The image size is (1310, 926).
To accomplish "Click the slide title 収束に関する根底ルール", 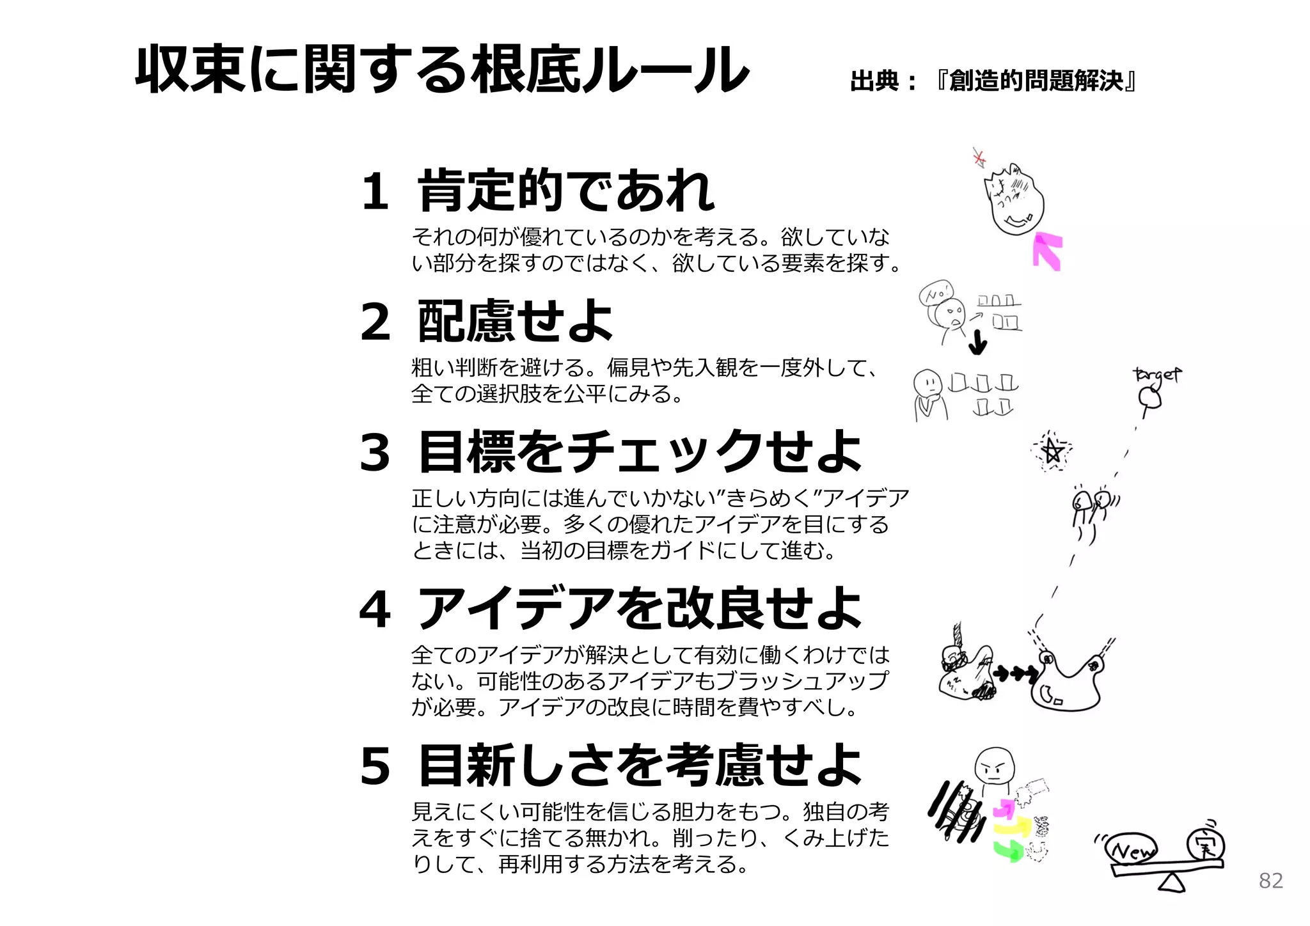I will click(x=441, y=69).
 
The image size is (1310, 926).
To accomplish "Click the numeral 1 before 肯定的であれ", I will click(x=375, y=191).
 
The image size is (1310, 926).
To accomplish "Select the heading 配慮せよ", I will click(x=515, y=321).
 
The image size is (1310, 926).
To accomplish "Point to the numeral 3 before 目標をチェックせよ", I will click(x=375, y=452).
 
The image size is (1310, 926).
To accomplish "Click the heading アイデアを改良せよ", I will click(x=640, y=609).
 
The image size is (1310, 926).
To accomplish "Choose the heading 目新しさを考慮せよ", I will click(x=640, y=765).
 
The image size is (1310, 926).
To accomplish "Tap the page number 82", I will click(x=1270, y=881).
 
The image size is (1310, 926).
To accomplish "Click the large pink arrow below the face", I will click(x=1048, y=251).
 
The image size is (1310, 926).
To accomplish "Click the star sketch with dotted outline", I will click(x=1052, y=451).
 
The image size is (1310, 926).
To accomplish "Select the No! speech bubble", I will click(x=936, y=294).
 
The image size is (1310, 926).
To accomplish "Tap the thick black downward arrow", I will click(x=977, y=343).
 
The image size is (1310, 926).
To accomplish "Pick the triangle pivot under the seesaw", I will click(x=1172, y=883).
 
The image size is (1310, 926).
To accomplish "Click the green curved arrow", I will click(x=1009, y=851).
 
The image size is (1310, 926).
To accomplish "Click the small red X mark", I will click(x=979, y=157).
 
